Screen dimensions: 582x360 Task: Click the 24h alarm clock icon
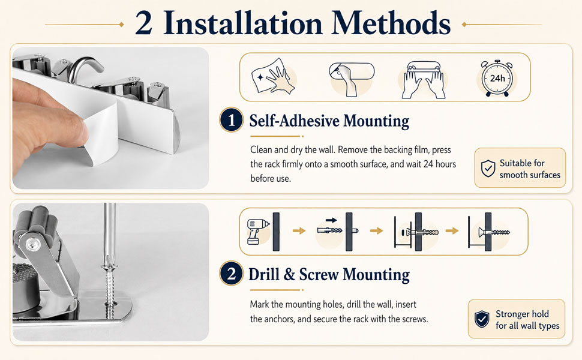[497, 78]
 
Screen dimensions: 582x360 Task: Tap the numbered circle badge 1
[231, 120]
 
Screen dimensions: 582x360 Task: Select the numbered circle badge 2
[231, 274]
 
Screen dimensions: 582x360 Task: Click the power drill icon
[257, 232]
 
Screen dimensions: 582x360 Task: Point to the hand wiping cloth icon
[273, 76]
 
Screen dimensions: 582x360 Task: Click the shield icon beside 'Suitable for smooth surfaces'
[488, 169]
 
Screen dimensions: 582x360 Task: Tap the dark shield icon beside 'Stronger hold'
[482, 319]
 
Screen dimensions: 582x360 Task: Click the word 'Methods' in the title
[391, 23]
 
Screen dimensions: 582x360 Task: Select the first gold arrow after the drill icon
[299, 231]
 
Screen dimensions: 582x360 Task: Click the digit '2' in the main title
[144, 23]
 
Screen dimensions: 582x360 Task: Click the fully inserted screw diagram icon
[489, 231]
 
